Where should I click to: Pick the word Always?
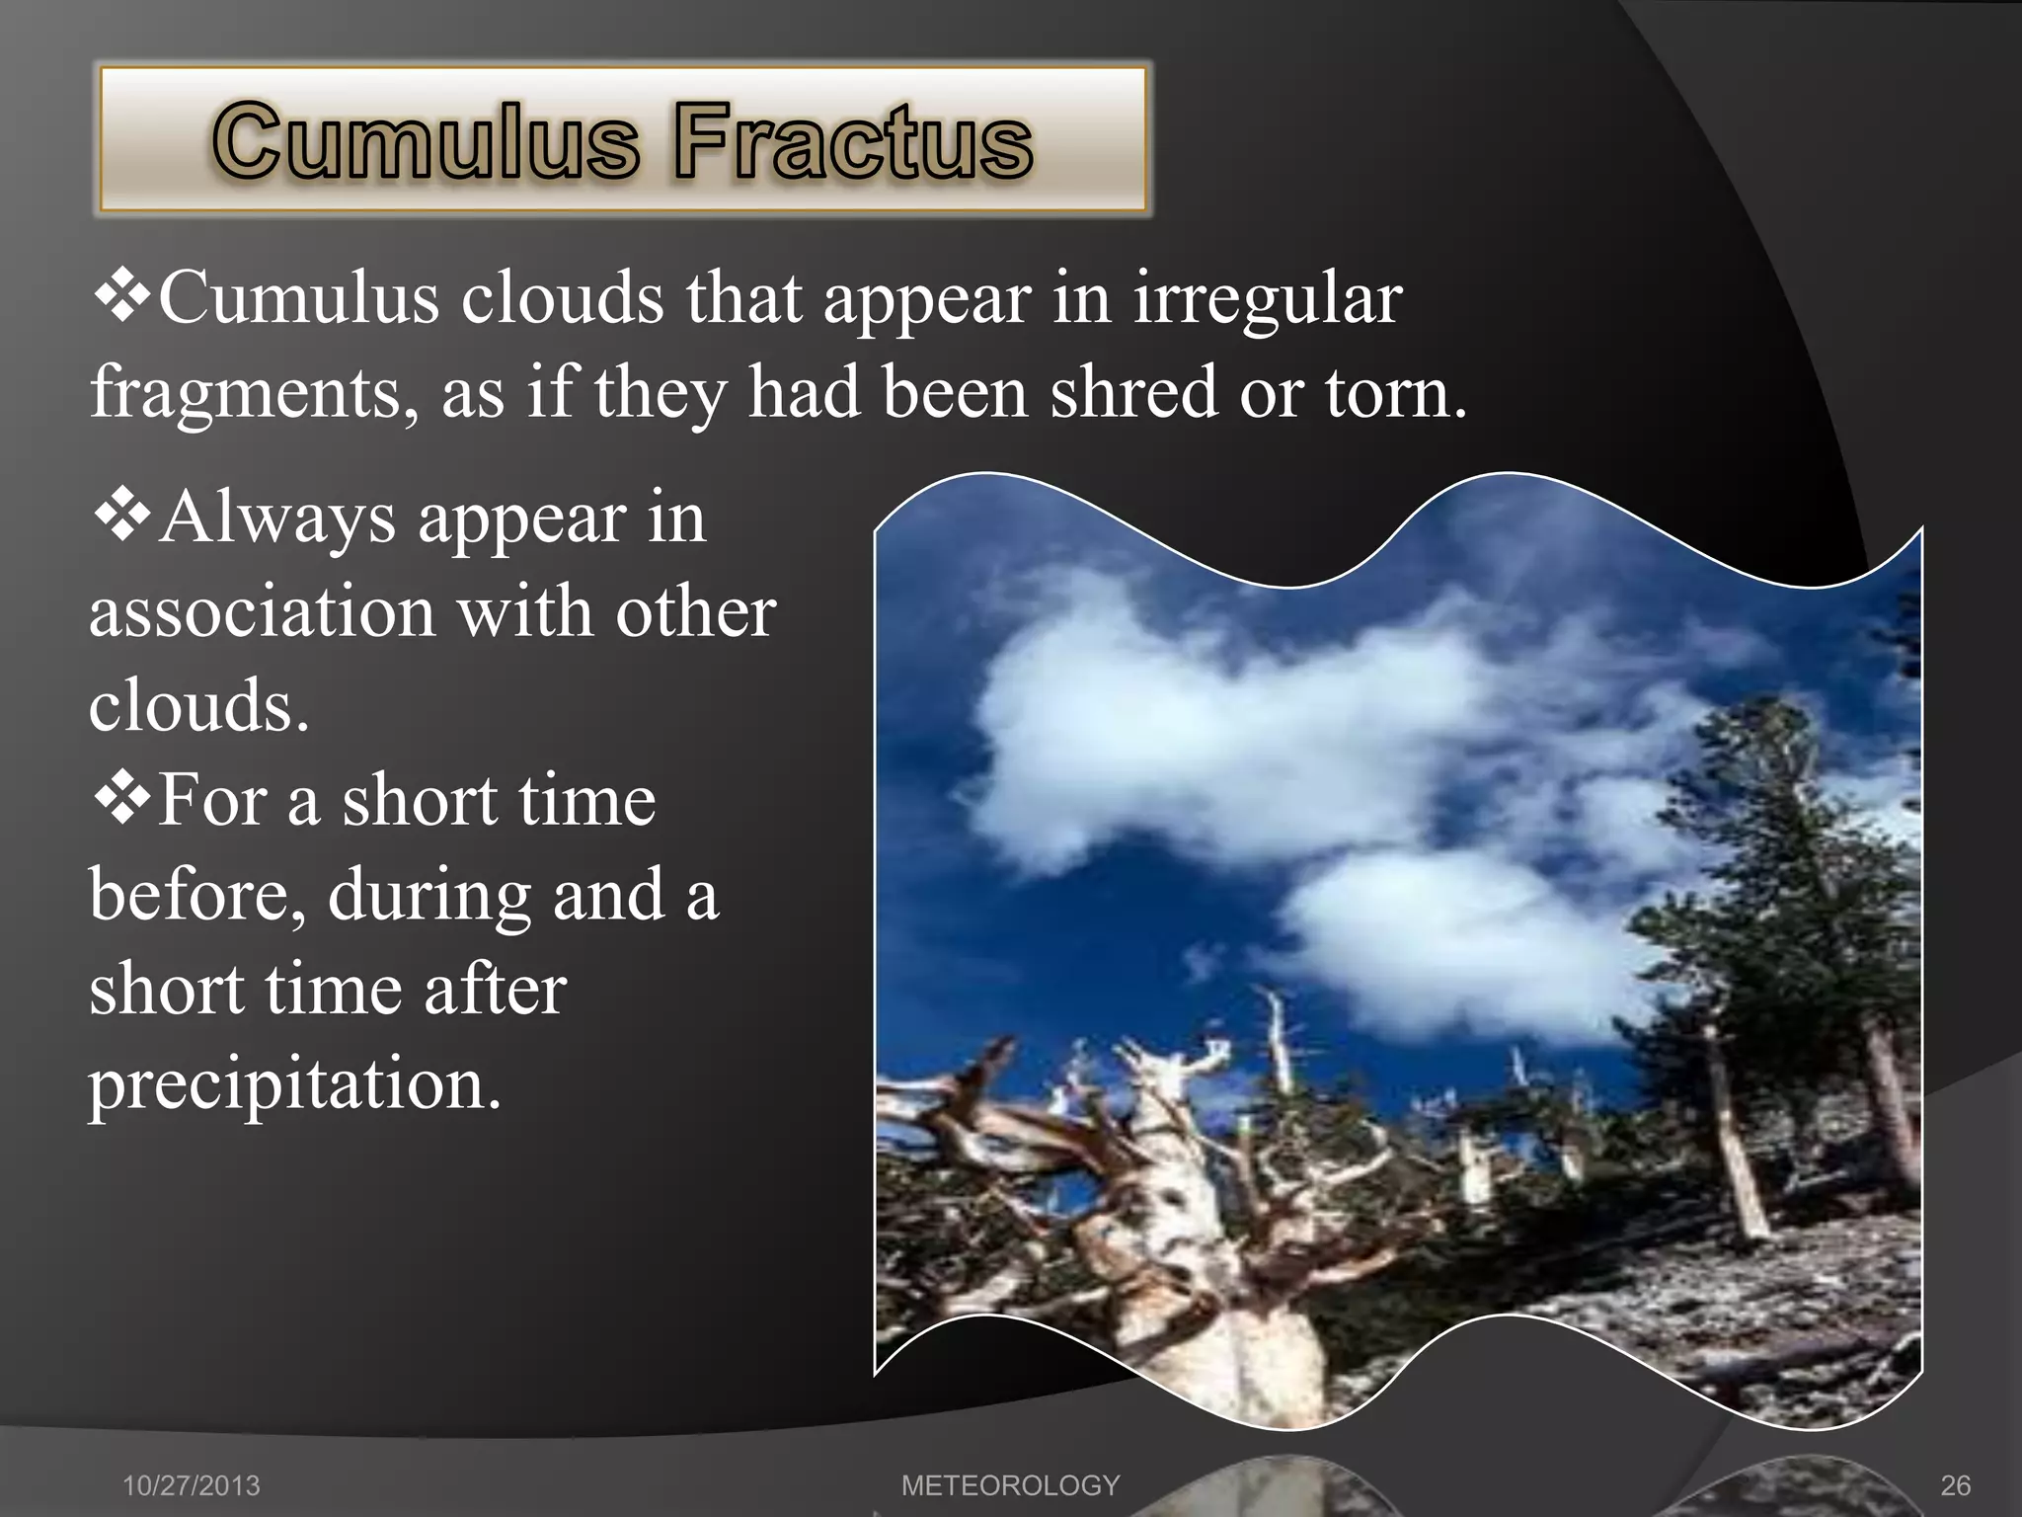pos(277,518)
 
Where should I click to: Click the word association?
pos(263,611)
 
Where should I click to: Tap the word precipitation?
pos(295,1083)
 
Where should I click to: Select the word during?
pos(429,895)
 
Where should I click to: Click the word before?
pos(197,895)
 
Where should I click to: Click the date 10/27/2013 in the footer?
pos(192,1485)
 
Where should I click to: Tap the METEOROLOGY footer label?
pos(1010,1485)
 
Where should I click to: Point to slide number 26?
pos(1955,1485)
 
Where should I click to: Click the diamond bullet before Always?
pos(122,517)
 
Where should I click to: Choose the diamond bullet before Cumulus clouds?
pos(122,297)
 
